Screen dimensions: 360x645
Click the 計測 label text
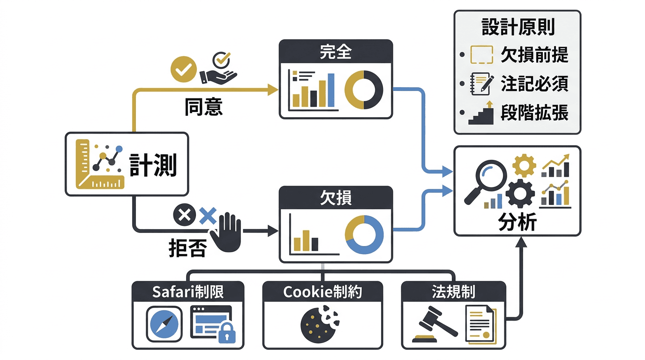click(x=153, y=165)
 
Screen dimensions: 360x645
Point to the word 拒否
click(x=187, y=248)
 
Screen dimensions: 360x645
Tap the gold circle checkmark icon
click(x=182, y=70)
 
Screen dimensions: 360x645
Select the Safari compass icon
click(x=164, y=323)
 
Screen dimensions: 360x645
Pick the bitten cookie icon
click(x=318, y=323)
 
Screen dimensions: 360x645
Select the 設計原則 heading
click(x=518, y=28)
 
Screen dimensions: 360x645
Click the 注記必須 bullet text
click(x=534, y=84)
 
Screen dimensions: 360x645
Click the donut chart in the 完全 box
click(x=364, y=90)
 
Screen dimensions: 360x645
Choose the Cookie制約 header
click(x=322, y=292)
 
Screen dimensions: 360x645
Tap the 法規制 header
click(x=453, y=292)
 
